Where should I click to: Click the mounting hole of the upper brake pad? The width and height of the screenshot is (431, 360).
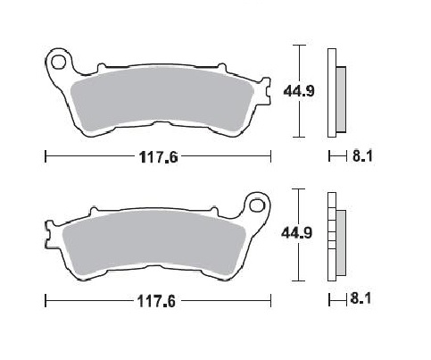point(61,62)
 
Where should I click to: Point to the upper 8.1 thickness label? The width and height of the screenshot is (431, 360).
point(361,157)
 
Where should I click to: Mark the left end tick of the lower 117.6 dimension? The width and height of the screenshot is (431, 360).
point(45,301)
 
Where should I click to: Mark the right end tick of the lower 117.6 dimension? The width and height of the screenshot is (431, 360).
point(271,301)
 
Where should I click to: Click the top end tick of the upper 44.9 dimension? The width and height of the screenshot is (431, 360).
point(300,44)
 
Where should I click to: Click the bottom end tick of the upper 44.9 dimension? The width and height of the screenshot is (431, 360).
point(300,137)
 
